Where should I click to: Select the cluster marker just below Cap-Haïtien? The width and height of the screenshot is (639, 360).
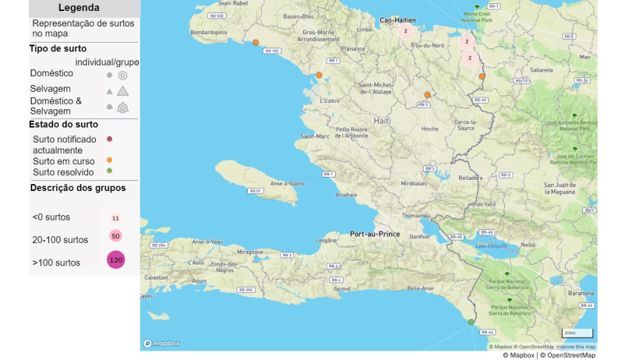coord(405,31)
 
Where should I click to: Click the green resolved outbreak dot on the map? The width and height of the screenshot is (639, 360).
coord(471,322)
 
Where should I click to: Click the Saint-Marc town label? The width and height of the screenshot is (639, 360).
coord(313,136)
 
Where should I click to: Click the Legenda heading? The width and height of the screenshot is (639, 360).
coord(79,8)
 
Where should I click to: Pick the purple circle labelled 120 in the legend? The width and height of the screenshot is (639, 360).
coord(116,260)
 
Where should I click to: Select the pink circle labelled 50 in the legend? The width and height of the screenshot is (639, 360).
coord(115,236)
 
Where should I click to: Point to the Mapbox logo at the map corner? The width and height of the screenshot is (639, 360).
coord(161,343)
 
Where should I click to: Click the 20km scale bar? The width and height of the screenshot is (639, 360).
coord(577,334)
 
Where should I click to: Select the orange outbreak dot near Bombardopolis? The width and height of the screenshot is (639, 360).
coord(256,42)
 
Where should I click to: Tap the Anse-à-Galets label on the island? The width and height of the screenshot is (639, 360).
coord(287,184)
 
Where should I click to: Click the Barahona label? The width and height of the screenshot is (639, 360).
coord(580,294)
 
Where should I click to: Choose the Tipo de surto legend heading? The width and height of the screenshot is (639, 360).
coord(58,48)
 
